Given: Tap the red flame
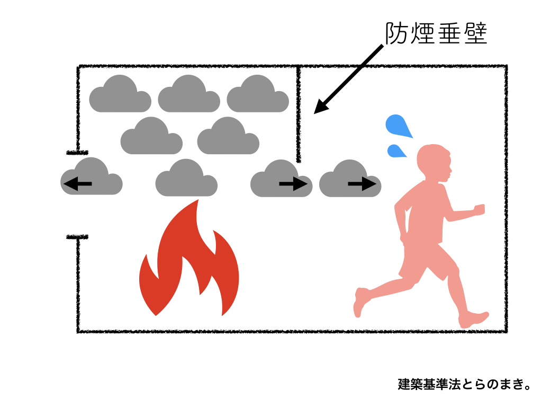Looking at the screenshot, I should point(189,265).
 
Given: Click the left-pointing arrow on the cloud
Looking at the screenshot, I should point(78,184).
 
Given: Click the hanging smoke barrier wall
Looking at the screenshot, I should point(299,114).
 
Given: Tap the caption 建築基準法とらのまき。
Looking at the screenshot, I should point(464,384).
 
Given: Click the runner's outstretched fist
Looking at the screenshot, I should point(479,209).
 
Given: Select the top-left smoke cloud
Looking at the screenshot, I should point(120,95).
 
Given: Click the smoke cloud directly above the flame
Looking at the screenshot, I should point(186,179).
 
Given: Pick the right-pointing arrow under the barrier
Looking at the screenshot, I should point(293,184).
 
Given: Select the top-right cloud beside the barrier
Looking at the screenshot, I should point(258,95).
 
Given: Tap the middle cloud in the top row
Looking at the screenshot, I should point(189,95).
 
